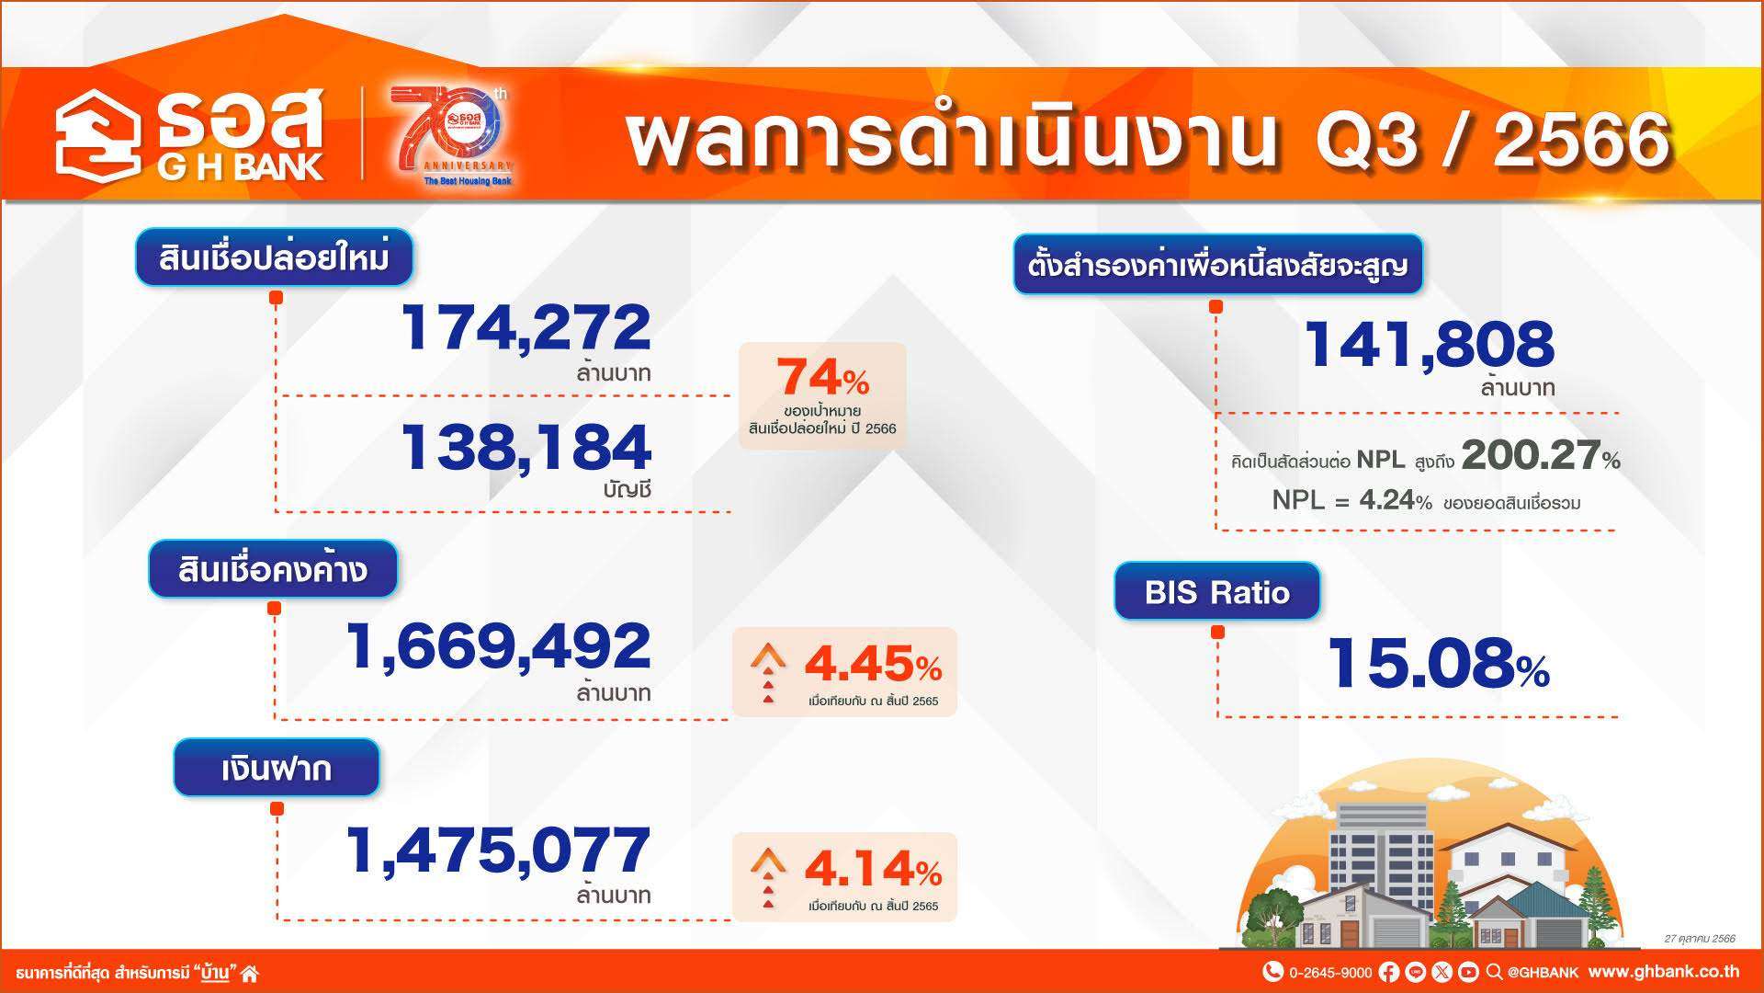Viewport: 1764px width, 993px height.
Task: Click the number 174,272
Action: [526, 327]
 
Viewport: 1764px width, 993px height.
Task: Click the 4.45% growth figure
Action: [873, 663]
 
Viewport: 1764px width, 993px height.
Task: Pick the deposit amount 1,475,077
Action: [498, 850]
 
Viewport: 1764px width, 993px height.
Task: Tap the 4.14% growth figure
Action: [873, 868]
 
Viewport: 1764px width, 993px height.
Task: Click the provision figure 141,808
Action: [1429, 344]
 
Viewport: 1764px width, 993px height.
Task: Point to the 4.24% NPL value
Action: [1396, 501]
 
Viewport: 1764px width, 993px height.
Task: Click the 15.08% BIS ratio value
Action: [1439, 663]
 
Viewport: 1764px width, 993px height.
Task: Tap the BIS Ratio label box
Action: [1217, 591]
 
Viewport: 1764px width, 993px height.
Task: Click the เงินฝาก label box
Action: [277, 768]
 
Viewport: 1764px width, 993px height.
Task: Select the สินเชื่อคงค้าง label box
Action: [273, 569]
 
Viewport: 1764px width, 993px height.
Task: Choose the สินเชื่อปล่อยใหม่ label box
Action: [274, 257]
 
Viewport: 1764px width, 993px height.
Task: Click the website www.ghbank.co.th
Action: [1663, 971]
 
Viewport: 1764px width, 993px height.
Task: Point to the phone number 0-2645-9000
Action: [1330, 972]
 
